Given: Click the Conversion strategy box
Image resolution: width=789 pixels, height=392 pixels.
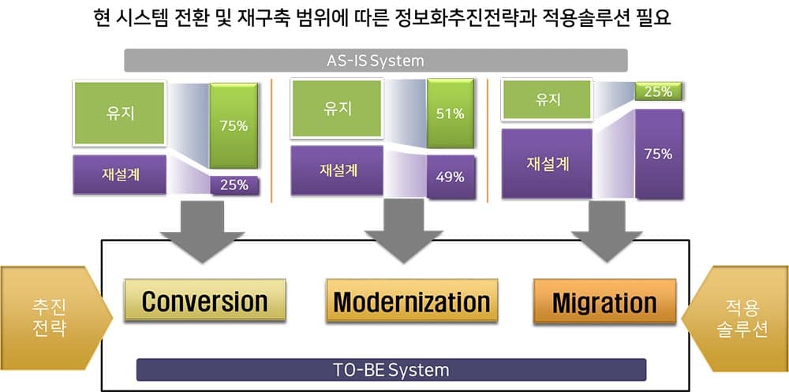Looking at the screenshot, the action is tap(205, 300).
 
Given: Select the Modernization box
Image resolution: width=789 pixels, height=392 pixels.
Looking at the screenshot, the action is tap(412, 301).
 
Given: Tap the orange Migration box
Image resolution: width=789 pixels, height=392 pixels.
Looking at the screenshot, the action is tap(604, 301).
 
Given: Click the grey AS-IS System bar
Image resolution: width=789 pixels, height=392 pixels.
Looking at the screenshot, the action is tap(376, 61).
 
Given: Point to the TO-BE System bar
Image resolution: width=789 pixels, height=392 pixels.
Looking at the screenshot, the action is tap(391, 370).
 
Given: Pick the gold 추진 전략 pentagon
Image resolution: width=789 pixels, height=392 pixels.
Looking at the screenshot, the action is tap(56, 318).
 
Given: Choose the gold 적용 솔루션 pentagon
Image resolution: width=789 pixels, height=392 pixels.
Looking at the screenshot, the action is tap(735, 318).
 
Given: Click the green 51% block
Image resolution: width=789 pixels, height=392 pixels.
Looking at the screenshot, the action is tap(451, 114).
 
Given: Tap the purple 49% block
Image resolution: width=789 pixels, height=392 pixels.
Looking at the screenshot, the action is tap(451, 177).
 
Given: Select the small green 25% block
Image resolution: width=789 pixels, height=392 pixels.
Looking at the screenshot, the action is tap(658, 91).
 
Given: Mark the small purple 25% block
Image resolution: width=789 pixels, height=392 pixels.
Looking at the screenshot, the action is tap(234, 185).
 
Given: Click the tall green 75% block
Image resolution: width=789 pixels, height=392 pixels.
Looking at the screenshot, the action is tap(234, 125).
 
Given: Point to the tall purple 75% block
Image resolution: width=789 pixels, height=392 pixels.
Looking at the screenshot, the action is tap(659, 154).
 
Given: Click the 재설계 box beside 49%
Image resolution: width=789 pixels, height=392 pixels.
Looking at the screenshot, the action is tap(337, 170).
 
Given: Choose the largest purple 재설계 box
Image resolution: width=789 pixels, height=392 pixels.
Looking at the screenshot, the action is tap(547, 163).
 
